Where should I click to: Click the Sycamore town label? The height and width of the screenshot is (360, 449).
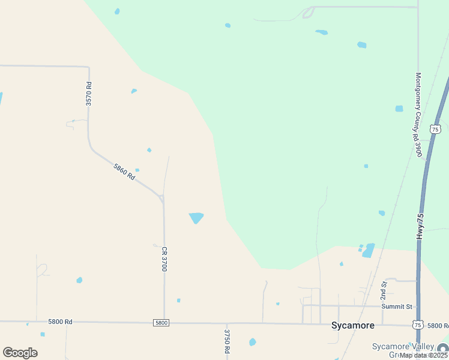(x=353, y=325)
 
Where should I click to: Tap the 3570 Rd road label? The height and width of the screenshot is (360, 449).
(x=89, y=94)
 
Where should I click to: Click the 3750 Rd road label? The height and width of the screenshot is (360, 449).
(x=227, y=340)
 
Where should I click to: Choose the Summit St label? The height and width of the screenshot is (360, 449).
(x=397, y=307)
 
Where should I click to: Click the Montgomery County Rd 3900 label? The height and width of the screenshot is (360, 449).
(x=419, y=115)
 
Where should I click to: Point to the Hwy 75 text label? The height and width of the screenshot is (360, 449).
(x=421, y=227)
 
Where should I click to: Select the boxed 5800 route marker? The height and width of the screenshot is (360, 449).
(x=161, y=323)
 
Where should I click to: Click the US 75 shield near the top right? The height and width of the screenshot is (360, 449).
(x=436, y=129)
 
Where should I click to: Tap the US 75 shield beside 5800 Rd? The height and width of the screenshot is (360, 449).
(x=417, y=325)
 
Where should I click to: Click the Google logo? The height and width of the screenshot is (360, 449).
(x=20, y=353)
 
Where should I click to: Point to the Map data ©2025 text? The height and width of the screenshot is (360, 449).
(x=423, y=355)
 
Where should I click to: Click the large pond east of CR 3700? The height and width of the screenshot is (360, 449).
(x=196, y=217)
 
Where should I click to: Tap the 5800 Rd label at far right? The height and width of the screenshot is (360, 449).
(x=438, y=325)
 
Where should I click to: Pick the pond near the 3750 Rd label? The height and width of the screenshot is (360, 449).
(x=253, y=342)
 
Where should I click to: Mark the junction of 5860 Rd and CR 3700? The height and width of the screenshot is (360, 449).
(x=162, y=197)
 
